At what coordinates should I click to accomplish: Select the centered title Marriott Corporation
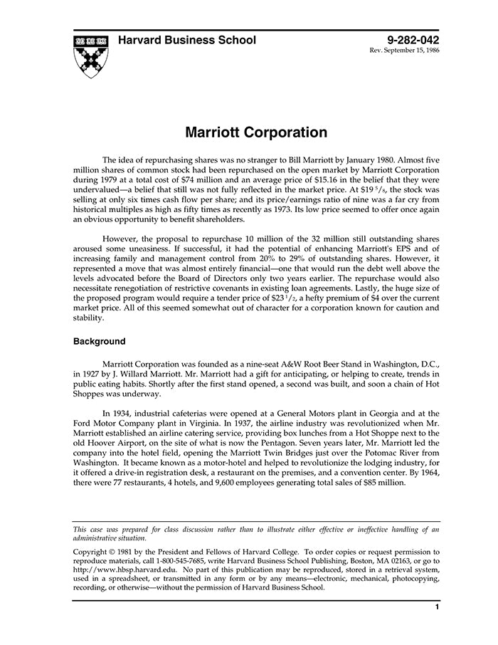[256, 133]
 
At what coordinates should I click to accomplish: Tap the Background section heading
[100, 342]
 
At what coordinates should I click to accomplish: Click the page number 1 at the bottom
[437, 607]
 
